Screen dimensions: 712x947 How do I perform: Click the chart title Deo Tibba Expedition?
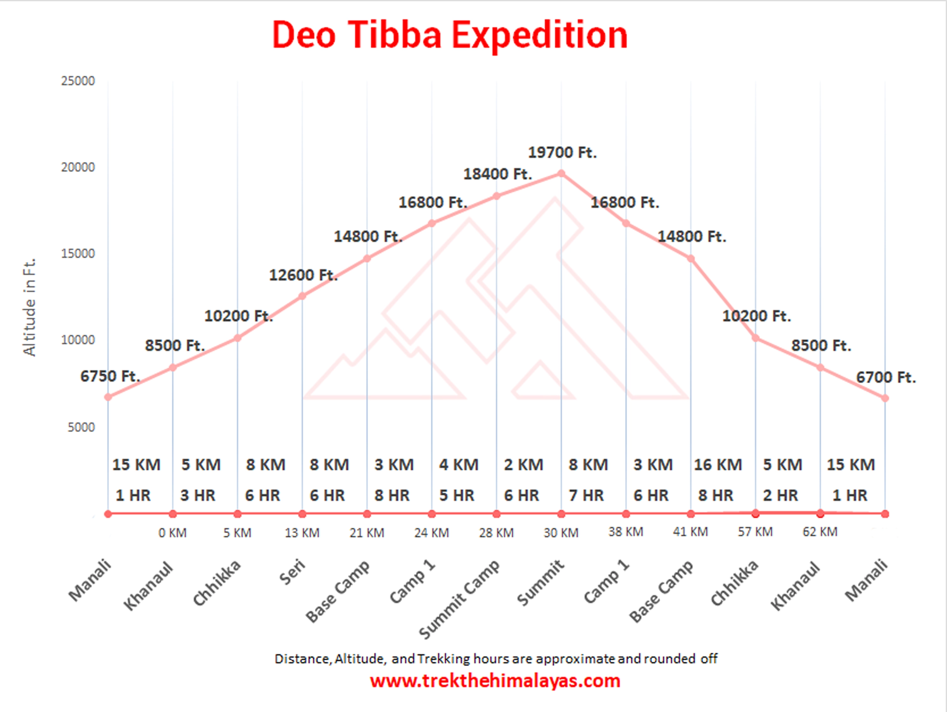450,35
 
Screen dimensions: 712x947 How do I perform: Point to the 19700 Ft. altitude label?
562,152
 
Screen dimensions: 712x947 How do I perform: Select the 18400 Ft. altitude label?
497,174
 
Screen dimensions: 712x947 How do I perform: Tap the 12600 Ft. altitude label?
303,275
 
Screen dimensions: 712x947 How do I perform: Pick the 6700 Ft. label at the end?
886,378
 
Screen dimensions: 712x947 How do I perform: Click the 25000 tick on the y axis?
78,81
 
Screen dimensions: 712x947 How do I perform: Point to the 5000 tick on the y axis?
81,427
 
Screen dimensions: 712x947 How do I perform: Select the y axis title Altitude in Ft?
29,307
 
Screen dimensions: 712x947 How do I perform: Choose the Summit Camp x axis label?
459,599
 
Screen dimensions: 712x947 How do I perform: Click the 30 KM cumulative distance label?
561,533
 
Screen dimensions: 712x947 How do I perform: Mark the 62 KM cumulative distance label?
820,532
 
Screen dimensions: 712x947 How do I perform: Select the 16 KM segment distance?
718,465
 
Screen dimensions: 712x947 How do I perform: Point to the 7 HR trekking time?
586,495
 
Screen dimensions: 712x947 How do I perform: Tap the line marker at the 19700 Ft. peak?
561,173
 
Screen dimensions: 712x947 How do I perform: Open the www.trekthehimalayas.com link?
495,681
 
